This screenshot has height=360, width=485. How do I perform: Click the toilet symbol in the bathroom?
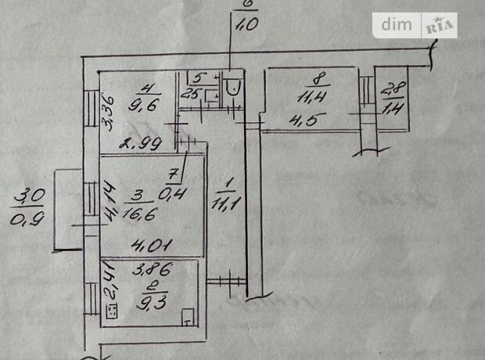click(231, 85)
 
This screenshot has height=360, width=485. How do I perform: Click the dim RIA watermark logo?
click(418, 26)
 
